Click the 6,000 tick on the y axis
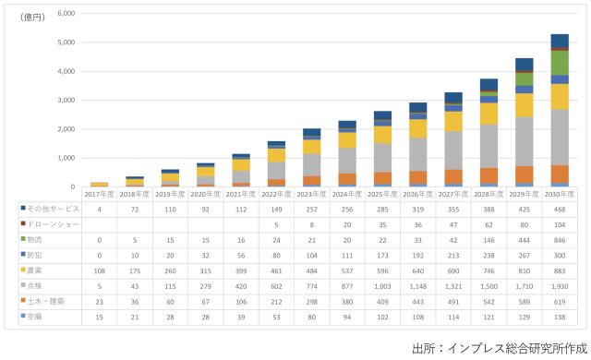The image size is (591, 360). click(66, 14)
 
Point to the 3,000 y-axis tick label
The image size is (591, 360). click(66, 100)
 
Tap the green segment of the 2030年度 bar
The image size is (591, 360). click(560, 63)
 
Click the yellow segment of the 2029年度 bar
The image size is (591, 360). click(524, 105)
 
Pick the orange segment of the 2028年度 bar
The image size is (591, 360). click(488, 175)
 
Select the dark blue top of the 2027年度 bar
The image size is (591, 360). click(452, 97)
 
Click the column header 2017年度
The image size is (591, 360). click(99, 195)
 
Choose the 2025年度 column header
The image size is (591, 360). click(381, 195)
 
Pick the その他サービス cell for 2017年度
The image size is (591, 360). click(99, 210)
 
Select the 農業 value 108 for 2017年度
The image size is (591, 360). click(99, 270)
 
